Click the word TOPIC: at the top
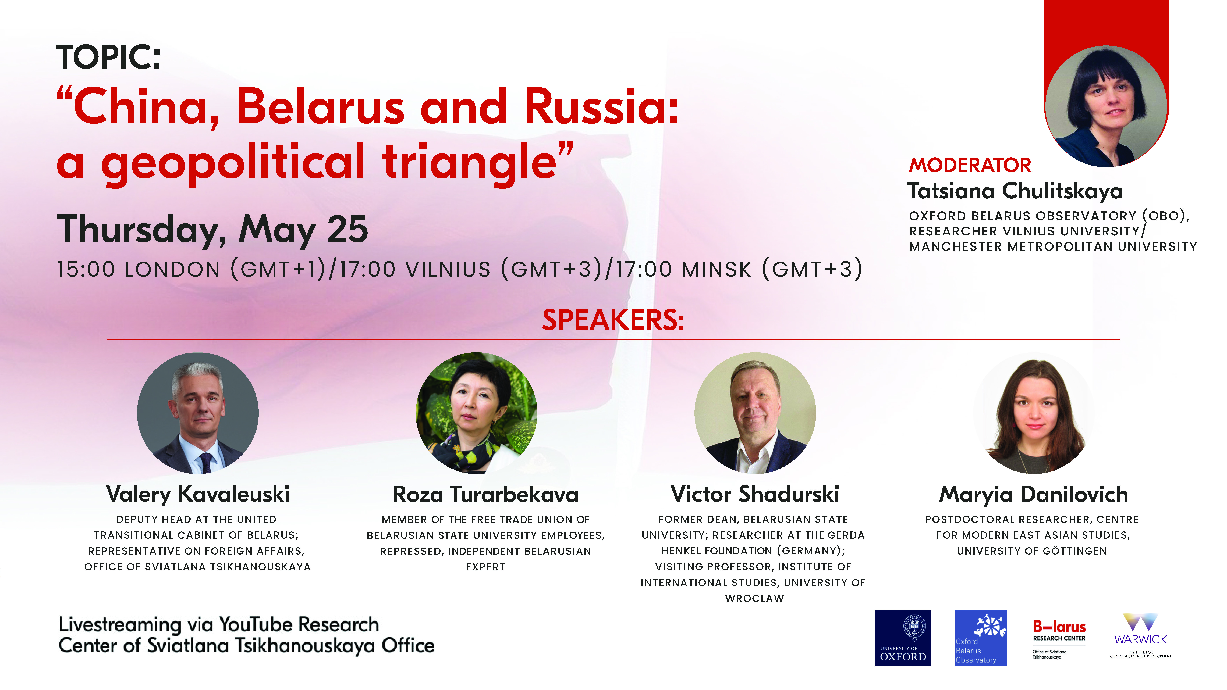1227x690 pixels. [109, 57]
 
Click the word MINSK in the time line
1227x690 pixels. [716, 270]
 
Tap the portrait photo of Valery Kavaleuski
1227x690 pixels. [198, 413]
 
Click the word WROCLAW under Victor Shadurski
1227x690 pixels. [754, 599]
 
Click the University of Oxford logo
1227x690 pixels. [903, 638]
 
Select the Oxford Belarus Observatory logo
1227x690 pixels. [981, 638]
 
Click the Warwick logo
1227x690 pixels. [1140, 636]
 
